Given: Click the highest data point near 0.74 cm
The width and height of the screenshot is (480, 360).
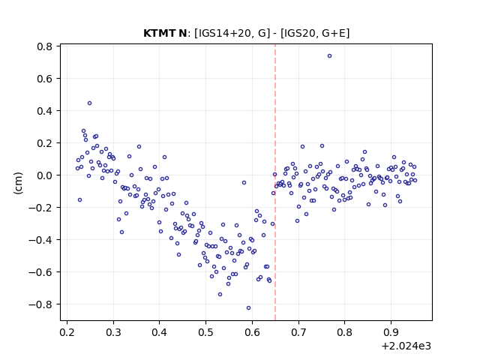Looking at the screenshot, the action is pos(329,55).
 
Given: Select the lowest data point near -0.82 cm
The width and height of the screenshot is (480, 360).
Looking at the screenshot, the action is pos(248,308).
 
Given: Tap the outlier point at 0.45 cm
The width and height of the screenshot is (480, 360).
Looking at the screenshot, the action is pos(89,103).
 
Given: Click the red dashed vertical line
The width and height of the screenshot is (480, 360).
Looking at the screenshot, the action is pos(275,182).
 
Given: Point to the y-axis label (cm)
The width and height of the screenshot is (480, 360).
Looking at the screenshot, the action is pos(18,183).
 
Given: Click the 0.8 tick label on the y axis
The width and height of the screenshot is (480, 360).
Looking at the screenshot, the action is pos(45,46).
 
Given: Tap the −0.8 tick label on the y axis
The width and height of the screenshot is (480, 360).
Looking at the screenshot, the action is pos(40,304).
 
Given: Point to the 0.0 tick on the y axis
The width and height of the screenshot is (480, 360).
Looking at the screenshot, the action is pos(45,175).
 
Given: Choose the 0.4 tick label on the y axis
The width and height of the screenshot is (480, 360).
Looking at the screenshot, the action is pos(45,111).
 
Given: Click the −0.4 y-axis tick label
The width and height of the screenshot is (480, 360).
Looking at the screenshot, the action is pos(40,240).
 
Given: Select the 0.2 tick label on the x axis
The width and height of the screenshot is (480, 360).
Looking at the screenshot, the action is pos(67,332).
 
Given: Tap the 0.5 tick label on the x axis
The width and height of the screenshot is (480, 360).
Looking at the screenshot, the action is pos(205,332).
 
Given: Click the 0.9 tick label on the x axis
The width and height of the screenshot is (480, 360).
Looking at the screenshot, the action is pos(391,332).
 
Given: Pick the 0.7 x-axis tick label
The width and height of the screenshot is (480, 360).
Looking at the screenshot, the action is pos(298,332).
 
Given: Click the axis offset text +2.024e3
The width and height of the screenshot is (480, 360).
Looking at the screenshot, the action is pos(406,346).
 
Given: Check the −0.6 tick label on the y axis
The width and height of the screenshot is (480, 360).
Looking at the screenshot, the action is pos(40,272).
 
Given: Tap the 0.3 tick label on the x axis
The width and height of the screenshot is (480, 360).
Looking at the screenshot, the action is pos(113,332).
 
